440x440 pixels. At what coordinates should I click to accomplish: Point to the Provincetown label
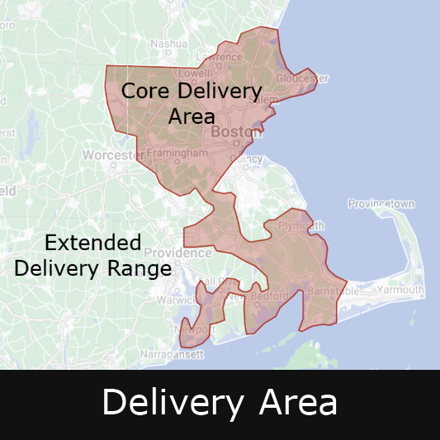[381, 203]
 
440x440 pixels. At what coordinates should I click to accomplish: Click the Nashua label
[168, 43]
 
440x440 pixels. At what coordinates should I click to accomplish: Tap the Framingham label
[177, 154]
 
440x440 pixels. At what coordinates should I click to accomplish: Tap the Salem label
[265, 99]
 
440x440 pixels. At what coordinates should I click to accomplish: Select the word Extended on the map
[92, 243]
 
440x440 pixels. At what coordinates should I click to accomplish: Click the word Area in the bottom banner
[298, 403]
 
